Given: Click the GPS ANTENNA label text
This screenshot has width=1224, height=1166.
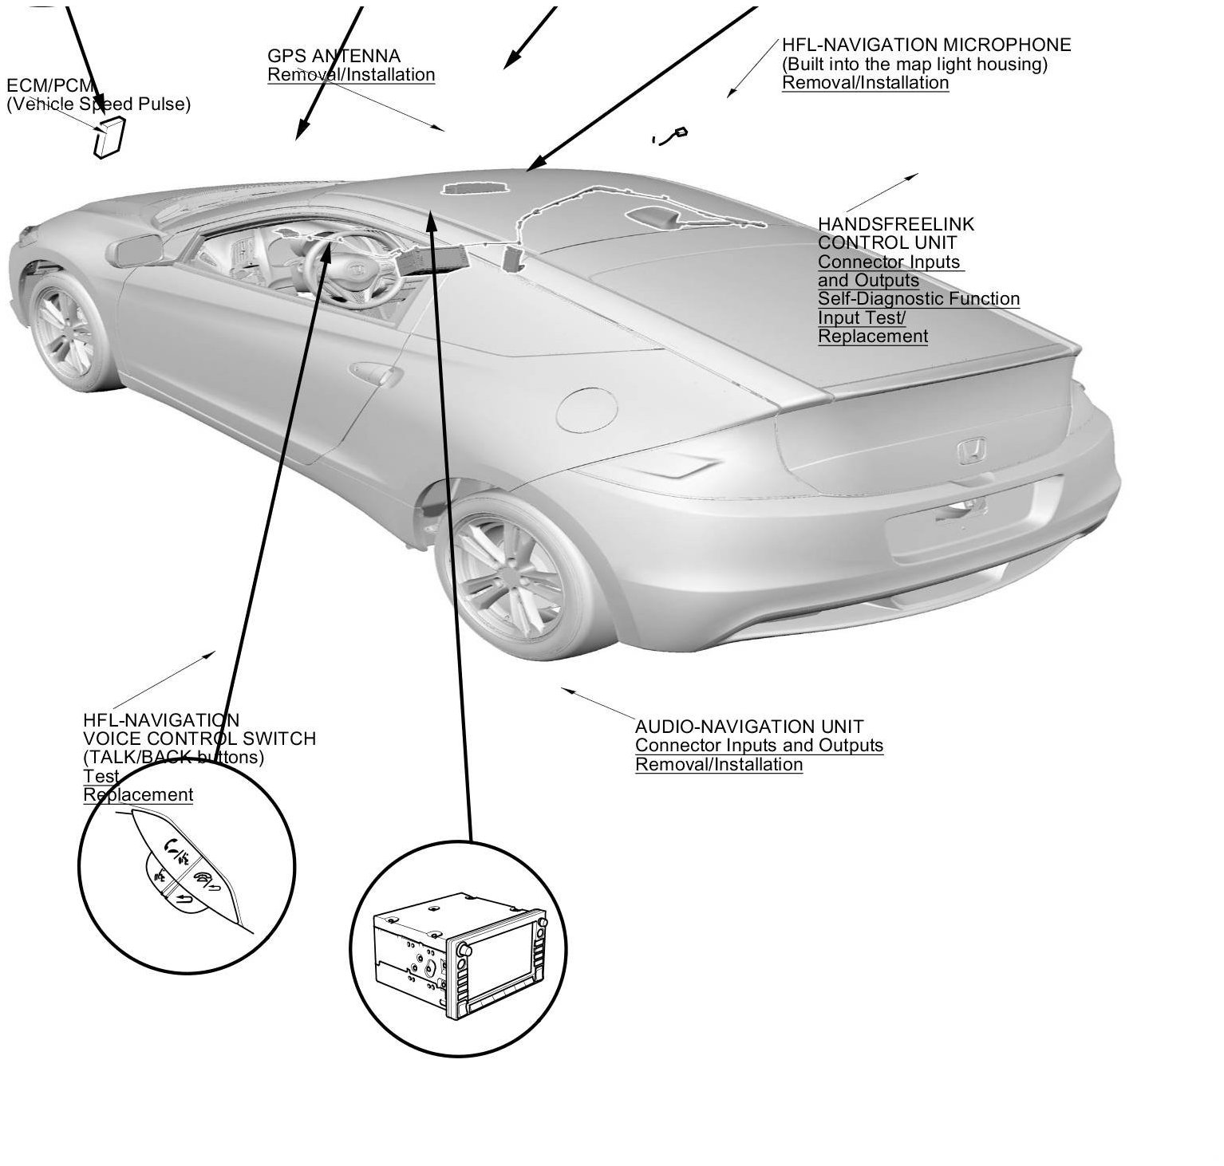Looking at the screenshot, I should pyautogui.click(x=334, y=56).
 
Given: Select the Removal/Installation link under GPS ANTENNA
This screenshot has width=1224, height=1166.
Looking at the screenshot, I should pyautogui.click(x=351, y=75).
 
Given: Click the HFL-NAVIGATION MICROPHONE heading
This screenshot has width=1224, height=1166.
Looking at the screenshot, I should pyautogui.click(x=926, y=45).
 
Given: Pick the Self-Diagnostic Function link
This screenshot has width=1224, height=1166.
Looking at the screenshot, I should pyautogui.click(x=918, y=299).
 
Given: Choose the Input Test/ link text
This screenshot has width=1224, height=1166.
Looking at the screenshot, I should pyautogui.click(x=862, y=317).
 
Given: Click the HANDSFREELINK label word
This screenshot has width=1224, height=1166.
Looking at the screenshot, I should pyautogui.click(x=895, y=224).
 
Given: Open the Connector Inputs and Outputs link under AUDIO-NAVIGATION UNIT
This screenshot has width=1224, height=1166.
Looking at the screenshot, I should pyautogui.click(x=759, y=746).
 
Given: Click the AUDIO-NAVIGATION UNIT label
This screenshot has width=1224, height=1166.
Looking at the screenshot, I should pyautogui.click(x=748, y=727).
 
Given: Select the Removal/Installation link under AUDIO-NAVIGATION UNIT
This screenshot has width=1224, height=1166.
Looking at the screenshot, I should pyautogui.click(x=718, y=765).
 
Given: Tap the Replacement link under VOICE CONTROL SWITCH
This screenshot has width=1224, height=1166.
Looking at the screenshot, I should pyautogui.click(x=138, y=795).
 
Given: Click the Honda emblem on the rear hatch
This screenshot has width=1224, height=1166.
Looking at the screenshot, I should pyautogui.click(x=971, y=452).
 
